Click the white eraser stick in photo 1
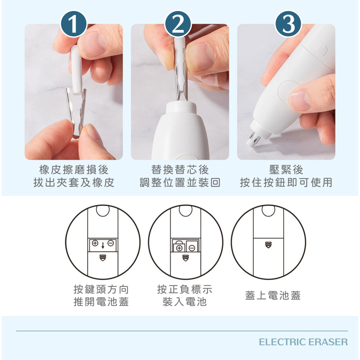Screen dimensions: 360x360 pos(76,68)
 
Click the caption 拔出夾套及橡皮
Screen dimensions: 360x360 pos(73,183)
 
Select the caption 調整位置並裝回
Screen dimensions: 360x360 pos(180,183)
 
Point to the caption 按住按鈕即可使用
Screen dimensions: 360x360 pos(286,183)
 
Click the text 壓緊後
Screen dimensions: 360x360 pos(286,170)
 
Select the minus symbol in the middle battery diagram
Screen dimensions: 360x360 pos(192,248)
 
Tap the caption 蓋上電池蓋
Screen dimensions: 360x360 pos(273,296)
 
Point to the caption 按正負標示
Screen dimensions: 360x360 pos(185,289)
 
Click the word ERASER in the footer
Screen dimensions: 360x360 pos(328,342)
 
